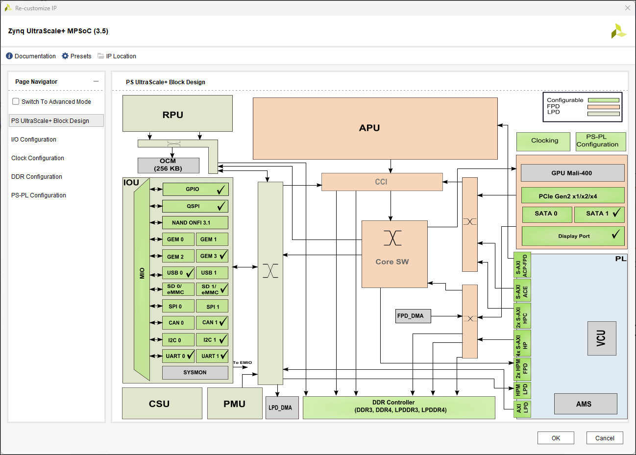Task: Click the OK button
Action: [556, 438]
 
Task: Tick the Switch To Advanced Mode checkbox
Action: [16, 101]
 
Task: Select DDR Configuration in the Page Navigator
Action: [37, 177]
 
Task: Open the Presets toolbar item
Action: [76, 56]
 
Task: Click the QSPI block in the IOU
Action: [193, 206]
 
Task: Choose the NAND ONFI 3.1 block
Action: [195, 223]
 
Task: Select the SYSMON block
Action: [195, 373]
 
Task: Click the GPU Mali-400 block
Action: [572, 173]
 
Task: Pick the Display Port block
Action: [573, 236]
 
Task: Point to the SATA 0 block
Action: [546, 214]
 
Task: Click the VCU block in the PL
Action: [602, 338]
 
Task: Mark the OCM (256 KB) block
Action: [168, 165]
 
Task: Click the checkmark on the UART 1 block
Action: [224, 356]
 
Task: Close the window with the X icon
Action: [627, 8]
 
